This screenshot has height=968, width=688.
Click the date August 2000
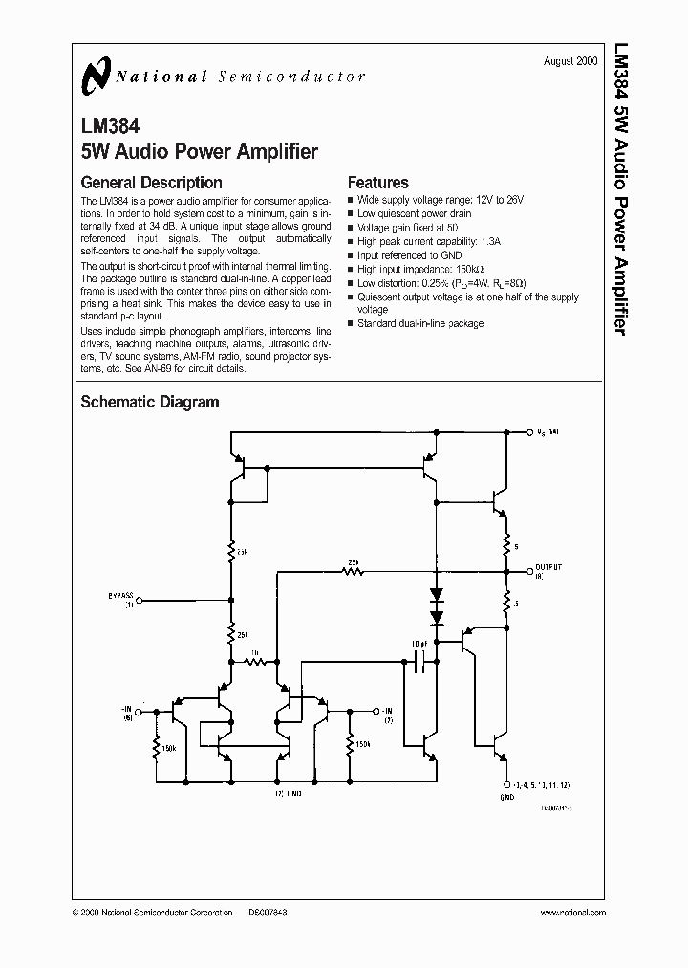pos(570,60)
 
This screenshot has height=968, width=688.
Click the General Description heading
pos(151,183)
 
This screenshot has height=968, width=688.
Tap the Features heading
pos(377,183)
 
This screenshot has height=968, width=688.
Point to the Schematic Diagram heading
pos(149,403)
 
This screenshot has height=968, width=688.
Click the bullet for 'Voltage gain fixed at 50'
pos(351,229)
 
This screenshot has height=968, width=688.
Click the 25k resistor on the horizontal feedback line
pos(354,572)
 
